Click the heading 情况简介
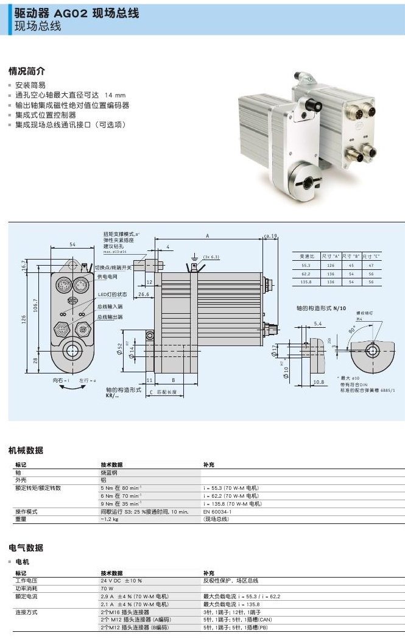tap(27, 71)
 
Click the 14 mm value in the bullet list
tap(115, 95)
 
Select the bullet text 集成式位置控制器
tap(46, 115)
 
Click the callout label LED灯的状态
tap(113, 295)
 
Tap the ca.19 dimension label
tap(270, 236)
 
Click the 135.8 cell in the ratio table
tap(305, 282)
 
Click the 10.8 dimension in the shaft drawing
tap(318, 383)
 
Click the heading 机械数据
tap(26, 450)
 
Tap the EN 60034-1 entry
tap(217, 512)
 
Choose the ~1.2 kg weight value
tap(110, 519)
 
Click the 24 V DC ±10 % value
tap(121, 581)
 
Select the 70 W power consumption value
tap(107, 589)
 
